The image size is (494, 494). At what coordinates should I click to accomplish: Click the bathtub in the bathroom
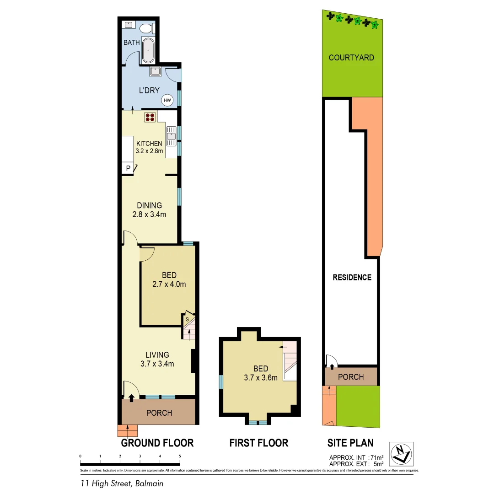[148, 50]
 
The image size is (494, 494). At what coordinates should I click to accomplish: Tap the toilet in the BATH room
[146, 28]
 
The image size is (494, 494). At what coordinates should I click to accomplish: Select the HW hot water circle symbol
[167, 100]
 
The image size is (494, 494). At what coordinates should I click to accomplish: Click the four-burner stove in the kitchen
[150, 117]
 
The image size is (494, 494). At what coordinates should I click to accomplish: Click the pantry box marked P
[128, 168]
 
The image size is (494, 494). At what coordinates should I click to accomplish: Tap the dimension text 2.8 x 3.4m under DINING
[149, 215]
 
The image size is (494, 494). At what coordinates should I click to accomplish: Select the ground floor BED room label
[169, 275]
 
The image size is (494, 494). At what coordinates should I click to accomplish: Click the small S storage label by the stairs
[187, 319]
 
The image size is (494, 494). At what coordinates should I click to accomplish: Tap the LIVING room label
[157, 354]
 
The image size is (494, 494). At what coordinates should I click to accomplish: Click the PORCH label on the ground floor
[159, 413]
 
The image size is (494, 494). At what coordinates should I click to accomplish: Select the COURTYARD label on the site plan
[351, 58]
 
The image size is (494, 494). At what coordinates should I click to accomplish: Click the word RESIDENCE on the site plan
[352, 277]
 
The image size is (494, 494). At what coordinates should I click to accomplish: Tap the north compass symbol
[401, 454]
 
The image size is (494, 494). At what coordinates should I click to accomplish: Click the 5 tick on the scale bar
[180, 456]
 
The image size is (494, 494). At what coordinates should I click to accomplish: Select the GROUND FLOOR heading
[157, 443]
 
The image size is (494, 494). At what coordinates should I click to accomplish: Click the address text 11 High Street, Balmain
[119, 483]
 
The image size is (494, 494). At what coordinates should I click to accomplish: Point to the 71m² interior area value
[376, 457]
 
